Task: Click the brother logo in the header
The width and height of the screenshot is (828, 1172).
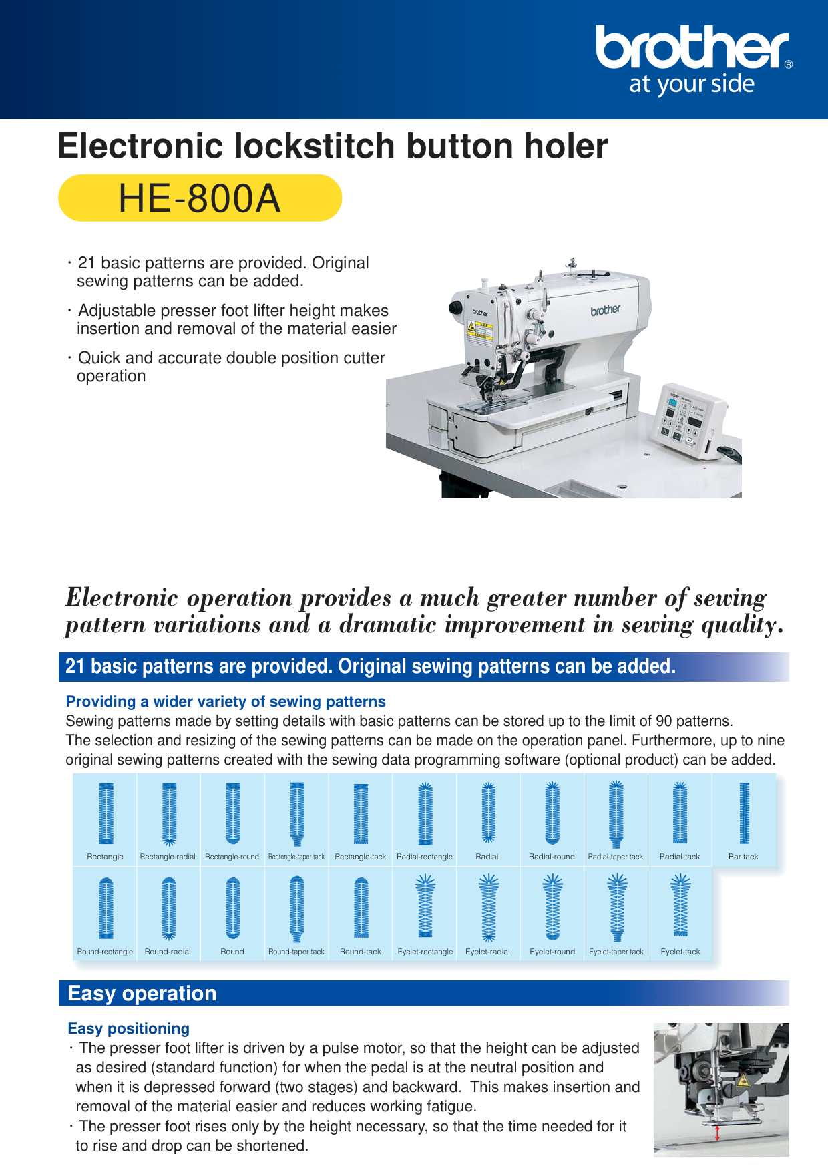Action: [x=692, y=48]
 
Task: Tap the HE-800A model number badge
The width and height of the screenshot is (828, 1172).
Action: [x=200, y=198]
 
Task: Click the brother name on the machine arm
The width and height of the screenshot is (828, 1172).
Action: [x=605, y=310]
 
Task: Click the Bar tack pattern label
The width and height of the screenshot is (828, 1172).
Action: [x=743, y=857]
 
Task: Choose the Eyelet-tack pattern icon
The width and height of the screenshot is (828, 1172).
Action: [x=680, y=906]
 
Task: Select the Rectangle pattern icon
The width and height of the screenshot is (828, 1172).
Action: [x=106, y=813]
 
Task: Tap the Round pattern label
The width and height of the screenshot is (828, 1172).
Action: [x=232, y=952]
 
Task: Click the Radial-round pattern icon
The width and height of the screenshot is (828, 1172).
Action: [x=552, y=813]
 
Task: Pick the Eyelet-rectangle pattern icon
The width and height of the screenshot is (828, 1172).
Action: [x=425, y=906]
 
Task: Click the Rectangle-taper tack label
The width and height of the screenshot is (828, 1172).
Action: [x=296, y=857]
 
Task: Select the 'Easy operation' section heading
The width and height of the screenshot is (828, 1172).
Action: [x=142, y=994]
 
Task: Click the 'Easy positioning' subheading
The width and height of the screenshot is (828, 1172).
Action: [x=129, y=1028]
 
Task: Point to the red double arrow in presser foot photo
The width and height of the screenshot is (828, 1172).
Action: [x=717, y=1133]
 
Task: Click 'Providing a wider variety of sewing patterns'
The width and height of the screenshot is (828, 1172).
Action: [x=226, y=701]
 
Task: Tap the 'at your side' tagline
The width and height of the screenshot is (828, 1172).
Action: [x=692, y=85]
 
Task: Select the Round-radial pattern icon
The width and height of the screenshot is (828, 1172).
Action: [x=168, y=908]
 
